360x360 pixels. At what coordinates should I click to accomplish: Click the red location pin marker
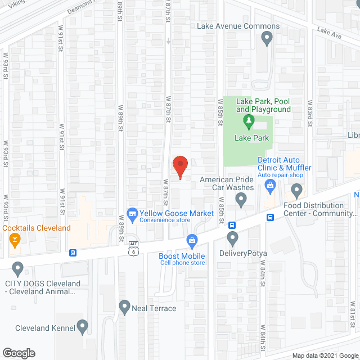pos(179,166)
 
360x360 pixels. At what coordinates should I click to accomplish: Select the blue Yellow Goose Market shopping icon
pos(133,213)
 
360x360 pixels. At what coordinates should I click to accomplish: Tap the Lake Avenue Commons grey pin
pos(267,38)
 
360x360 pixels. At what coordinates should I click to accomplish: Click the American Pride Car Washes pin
pos(241,199)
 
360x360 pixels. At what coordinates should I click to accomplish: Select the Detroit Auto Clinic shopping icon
pos(271,185)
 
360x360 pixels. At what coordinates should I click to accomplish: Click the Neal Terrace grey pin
pos(124,307)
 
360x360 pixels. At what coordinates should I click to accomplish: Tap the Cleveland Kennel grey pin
pos(83,326)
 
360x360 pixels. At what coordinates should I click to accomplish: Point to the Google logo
pos(18,353)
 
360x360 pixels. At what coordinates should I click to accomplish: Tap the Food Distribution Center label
pos(321,209)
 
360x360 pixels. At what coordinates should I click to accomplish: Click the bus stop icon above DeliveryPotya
pos(232,226)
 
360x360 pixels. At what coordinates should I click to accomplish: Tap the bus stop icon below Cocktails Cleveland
pos(73,253)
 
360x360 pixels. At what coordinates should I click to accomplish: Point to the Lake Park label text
pos(253,138)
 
